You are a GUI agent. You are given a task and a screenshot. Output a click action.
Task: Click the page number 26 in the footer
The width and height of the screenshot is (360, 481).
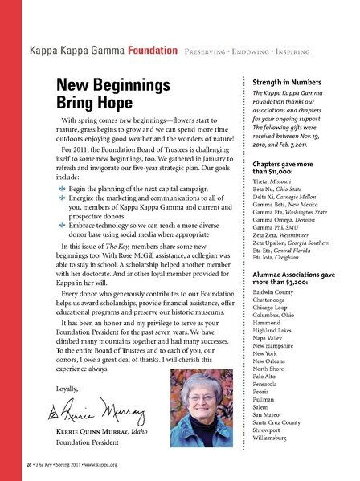coord(26,465)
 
